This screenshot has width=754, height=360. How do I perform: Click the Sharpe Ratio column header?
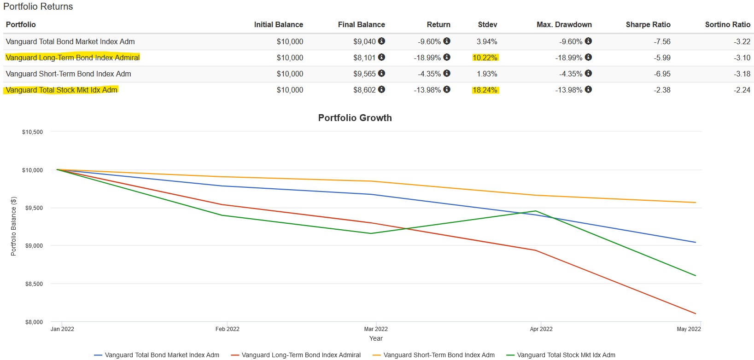(x=648, y=25)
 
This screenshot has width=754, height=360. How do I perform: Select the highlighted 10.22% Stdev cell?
(x=485, y=58)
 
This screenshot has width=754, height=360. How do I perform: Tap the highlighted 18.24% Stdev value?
(x=485, y=90)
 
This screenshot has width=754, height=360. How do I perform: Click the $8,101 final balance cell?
(x=364, y=58)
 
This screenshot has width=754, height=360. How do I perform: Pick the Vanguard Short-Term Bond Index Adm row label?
(x=68, y=74)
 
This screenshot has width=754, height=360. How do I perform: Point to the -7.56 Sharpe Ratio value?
(x=662, y=41)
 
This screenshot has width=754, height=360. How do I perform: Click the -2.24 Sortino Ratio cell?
(x=742, y=90)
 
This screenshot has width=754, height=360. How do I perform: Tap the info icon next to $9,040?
(x=381, y=41)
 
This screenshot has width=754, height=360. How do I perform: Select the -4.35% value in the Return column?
(x=429, y=74)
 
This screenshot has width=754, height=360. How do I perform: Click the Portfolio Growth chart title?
(x=355, y=118)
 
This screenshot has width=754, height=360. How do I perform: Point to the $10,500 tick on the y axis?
(x=32, y=132)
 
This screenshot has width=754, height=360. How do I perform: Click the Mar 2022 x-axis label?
(x=376, y=329)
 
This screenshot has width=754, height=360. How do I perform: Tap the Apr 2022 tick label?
(x=541, y=329)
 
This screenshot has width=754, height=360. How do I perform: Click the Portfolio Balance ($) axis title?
(x=14, y=226)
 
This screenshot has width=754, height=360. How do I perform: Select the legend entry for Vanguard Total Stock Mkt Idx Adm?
(x=566, y=355)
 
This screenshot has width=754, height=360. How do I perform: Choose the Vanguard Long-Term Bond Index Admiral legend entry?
(x=301, y=355)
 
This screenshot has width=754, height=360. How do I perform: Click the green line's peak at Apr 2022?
(x=536, y=211)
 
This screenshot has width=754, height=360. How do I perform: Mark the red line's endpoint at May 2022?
(x=696, y=314)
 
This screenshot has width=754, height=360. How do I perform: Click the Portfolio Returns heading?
(x=38, y=6)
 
